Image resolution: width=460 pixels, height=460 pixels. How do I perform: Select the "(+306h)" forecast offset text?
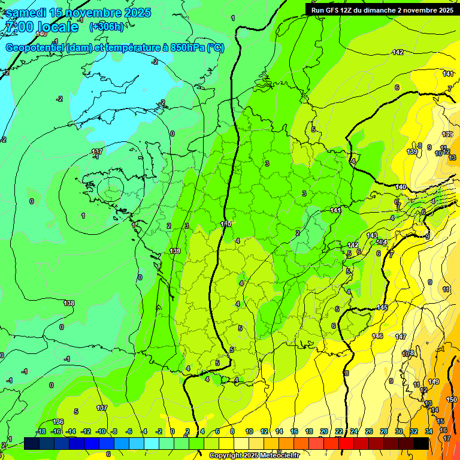tap(106, 26)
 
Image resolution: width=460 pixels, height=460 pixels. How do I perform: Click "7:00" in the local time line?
tap(18, 27)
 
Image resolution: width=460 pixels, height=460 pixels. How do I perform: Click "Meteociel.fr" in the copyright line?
tap(279, 456)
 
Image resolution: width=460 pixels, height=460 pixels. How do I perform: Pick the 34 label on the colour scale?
tap(428, 431)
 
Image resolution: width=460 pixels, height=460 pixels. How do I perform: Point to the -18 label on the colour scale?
tap(41, 431)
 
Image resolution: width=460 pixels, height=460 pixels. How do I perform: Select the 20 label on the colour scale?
tap(324, 431)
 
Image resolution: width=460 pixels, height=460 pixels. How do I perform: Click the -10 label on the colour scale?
tap(101, 431)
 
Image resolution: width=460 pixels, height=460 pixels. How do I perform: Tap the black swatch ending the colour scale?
tap(421, 443)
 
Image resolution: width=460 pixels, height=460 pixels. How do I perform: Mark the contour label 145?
tap(382, 307)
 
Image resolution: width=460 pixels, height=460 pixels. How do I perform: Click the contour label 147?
tap(401, 337)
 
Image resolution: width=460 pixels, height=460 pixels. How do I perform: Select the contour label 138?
tap(69, 304)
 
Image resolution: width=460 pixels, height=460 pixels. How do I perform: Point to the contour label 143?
tap(372, 235)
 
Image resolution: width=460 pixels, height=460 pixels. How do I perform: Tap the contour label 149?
tap(434, 382)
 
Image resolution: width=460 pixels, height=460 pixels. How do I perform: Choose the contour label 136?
tap(58, 422)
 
